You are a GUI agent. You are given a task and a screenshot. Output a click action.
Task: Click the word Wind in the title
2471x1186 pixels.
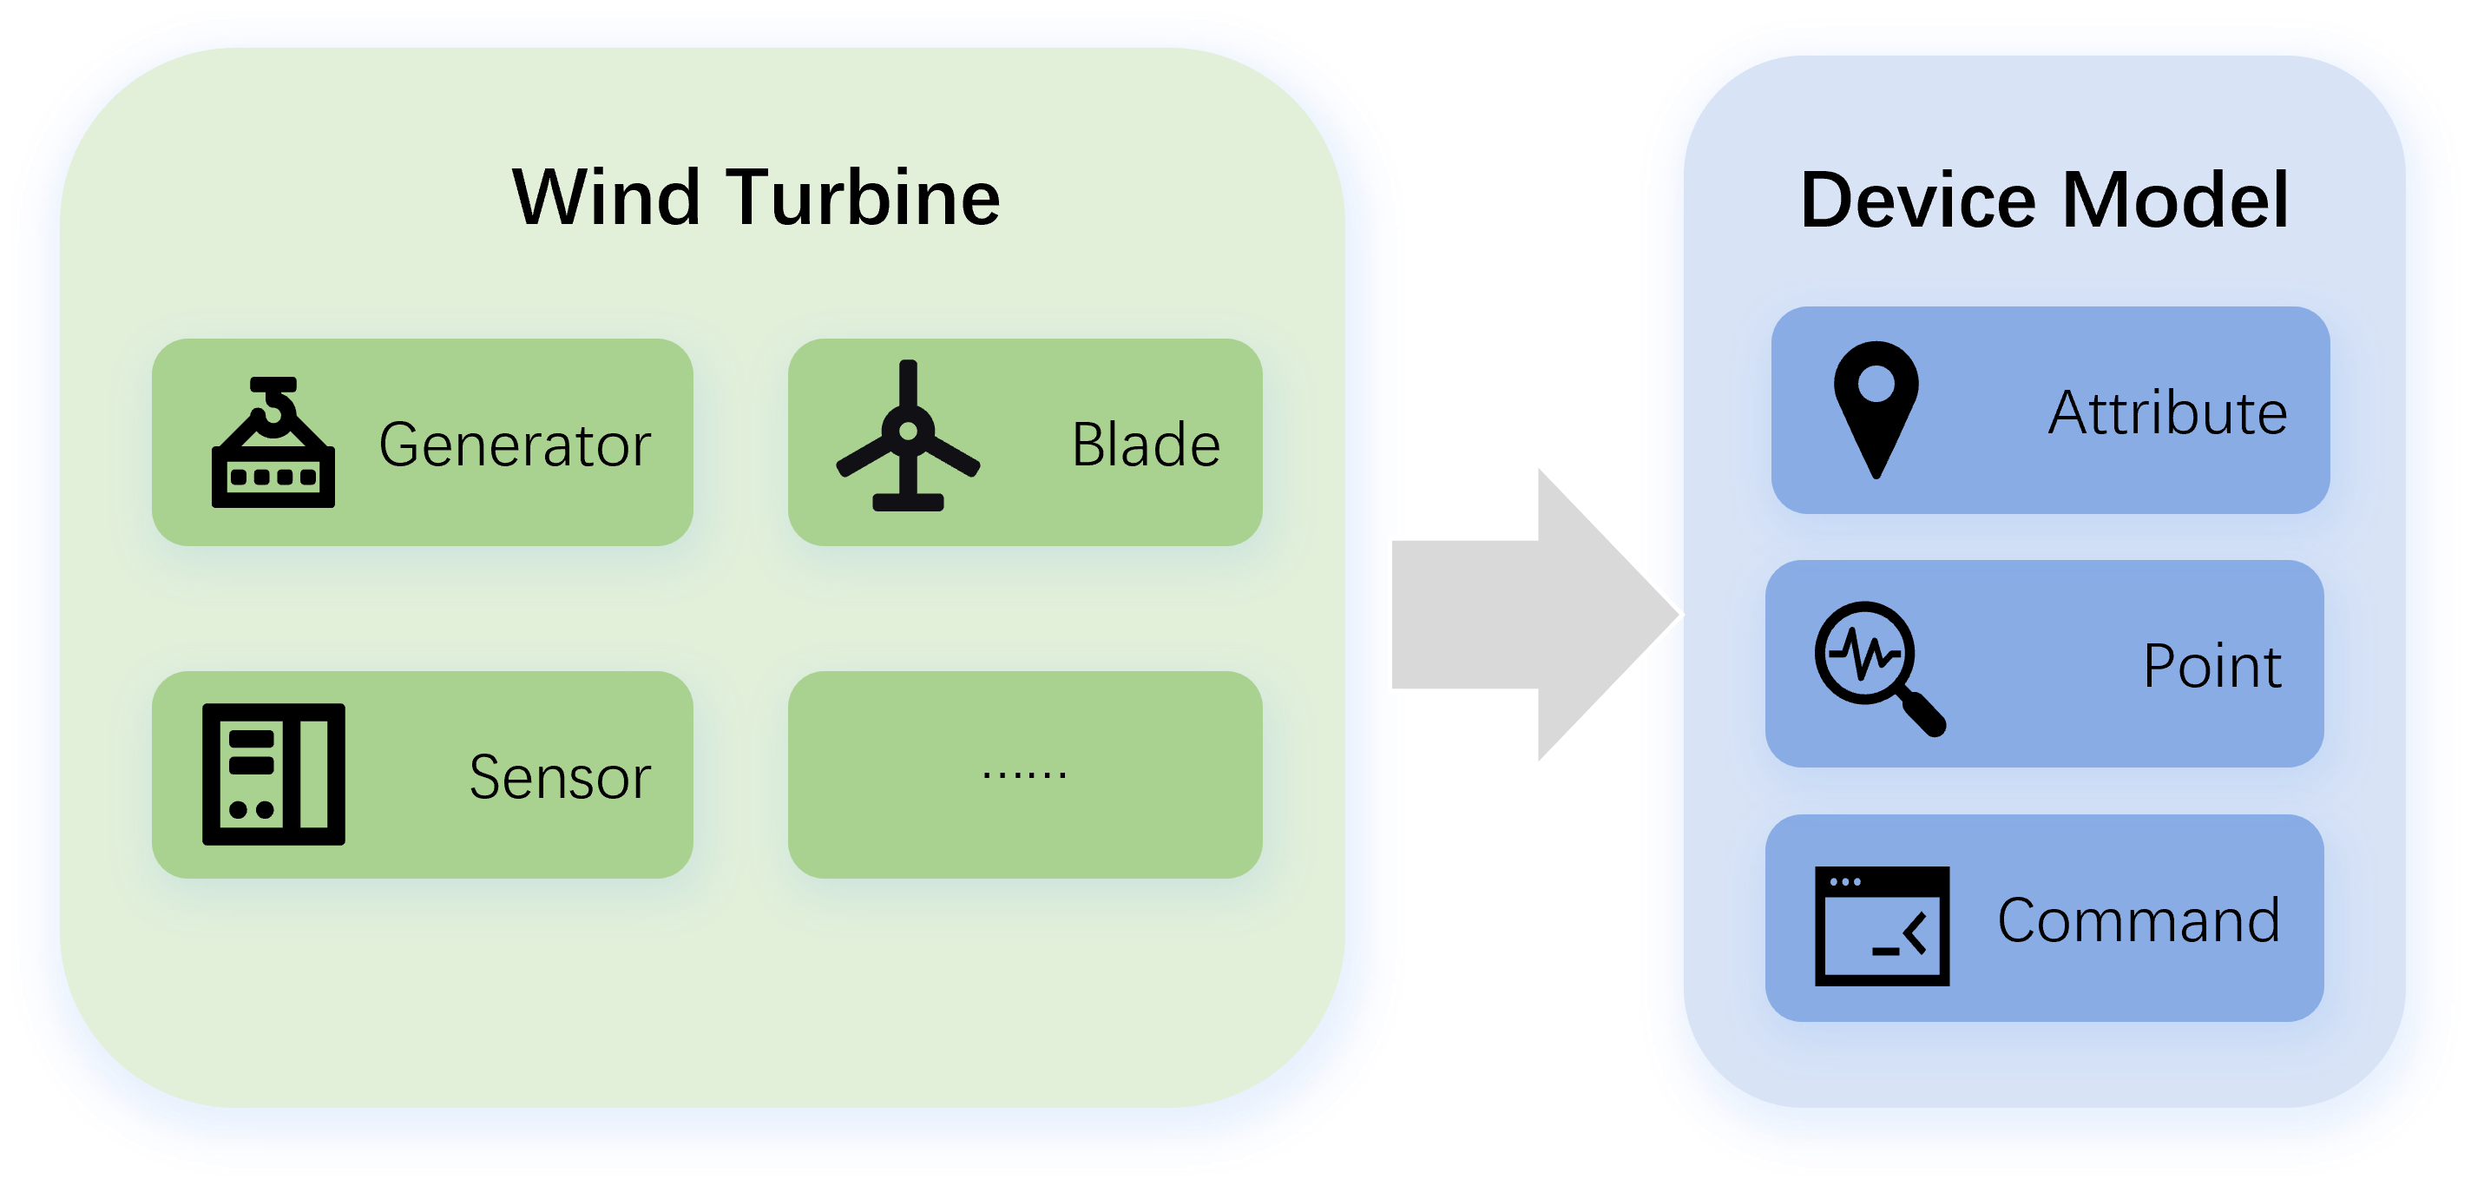point(606,199)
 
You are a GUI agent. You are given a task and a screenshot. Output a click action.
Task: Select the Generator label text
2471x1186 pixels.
point(514,445)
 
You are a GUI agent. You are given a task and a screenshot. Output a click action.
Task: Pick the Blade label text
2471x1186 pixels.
point(1146,445)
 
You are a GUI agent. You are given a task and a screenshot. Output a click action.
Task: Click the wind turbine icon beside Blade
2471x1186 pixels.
point(908,437)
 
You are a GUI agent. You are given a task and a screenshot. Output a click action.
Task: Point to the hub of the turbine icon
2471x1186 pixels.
point(908,431)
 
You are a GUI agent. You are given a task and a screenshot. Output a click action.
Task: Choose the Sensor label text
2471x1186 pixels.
point(560,777)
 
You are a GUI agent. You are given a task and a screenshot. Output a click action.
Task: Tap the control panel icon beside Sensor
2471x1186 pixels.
point(273,774)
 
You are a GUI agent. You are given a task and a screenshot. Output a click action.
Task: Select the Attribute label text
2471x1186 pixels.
point(2168,413)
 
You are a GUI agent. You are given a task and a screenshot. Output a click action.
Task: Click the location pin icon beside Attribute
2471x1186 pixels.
point(1876,408)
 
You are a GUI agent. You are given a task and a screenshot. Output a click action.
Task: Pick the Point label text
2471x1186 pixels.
point(2211,667)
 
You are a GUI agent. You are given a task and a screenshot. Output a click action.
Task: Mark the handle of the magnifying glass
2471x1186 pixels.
point(1924,714)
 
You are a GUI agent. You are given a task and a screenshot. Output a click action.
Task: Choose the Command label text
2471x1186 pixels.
point(2138,921)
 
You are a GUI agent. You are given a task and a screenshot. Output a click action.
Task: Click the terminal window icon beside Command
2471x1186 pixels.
point(1882,926)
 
